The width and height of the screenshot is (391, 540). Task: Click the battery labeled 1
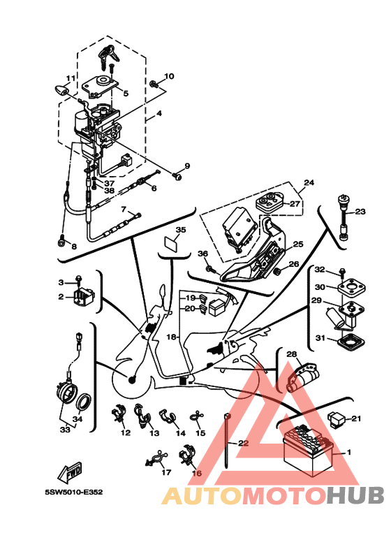[308, 451]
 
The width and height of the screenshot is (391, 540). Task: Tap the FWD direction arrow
[70, 472]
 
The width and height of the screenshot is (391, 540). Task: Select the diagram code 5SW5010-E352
[73, 492]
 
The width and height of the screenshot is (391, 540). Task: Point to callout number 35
[181, 230]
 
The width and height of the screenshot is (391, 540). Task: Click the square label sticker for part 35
[171, 243]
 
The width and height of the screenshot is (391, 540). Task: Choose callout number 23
[360, 211]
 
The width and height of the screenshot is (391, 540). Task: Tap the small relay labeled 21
[336, 418]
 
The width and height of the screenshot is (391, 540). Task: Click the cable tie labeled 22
[227, 442]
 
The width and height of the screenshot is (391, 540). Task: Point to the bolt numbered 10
[154, 83]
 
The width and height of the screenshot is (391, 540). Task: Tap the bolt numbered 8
[62, 242]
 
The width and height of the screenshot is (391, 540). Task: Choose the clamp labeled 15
[196, 417]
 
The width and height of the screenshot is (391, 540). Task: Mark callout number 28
[292, 354]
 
